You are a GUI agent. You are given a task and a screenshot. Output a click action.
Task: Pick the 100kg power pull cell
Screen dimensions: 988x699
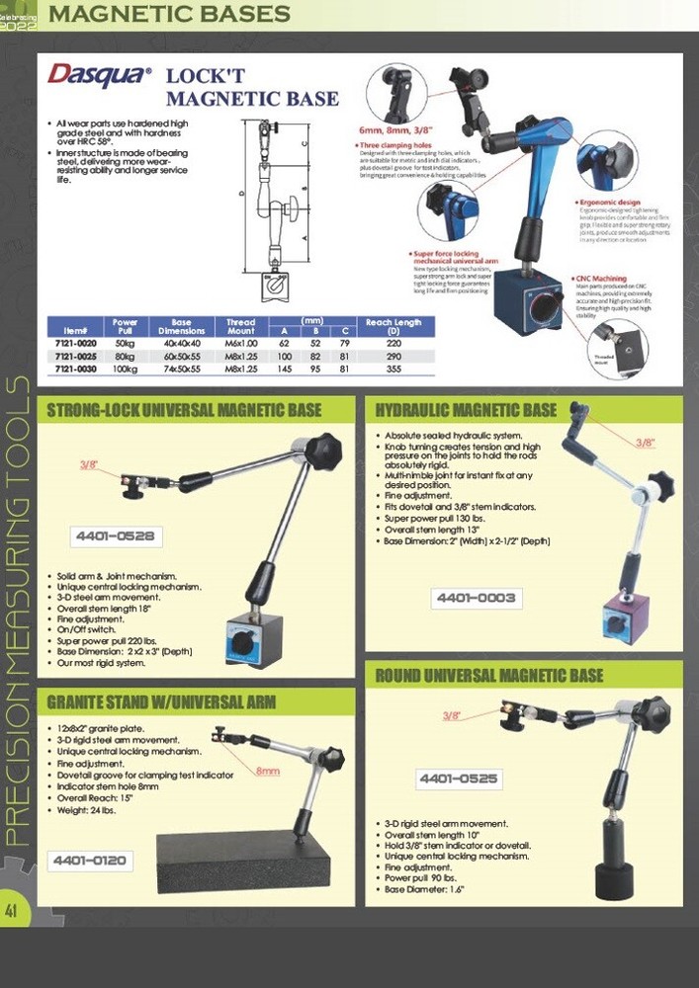click(x=124, y=368)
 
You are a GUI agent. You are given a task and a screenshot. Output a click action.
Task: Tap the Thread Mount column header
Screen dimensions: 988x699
click(x=240, y=327)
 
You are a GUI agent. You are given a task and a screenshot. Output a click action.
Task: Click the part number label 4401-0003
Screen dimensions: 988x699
click(x=476, y=597)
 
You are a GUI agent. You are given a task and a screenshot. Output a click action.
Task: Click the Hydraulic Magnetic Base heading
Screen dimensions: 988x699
click(x=466, y=410)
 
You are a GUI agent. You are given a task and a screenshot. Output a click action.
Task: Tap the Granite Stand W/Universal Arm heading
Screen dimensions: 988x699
click(x=161, y=702)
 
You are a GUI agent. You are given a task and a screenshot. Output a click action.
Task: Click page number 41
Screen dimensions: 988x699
click(x=13, y=910)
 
